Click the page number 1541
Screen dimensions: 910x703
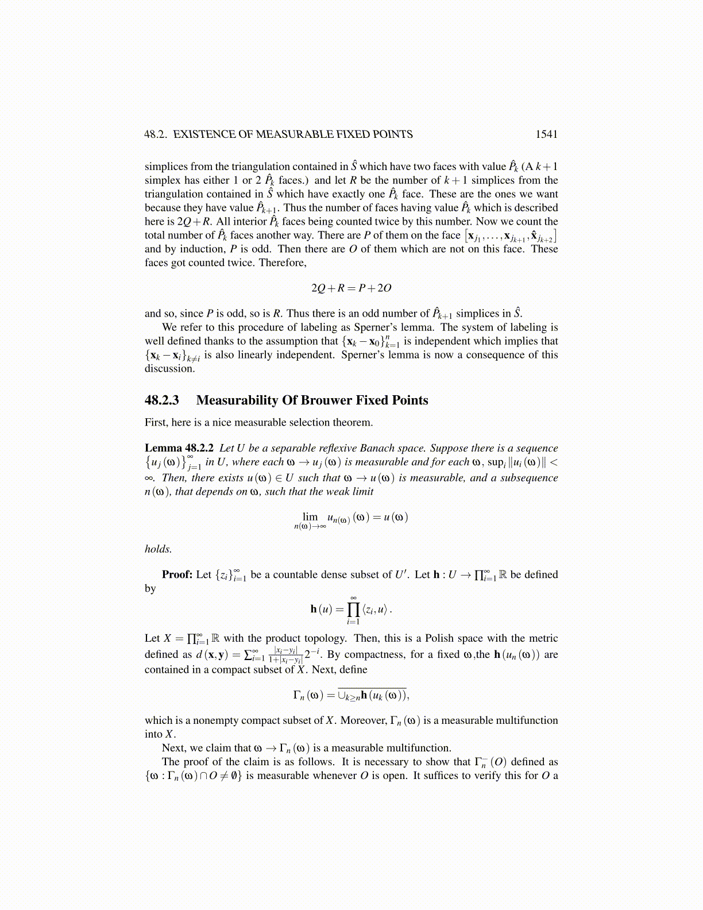[x=546, y=134]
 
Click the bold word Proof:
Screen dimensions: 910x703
[x=177, y=574]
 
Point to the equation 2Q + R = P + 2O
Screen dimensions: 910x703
[x=351, y=288]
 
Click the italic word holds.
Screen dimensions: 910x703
[x=158, y=549]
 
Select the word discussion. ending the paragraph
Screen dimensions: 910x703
[x=169, y=368]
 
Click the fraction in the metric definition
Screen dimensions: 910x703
[x=285, y=655]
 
